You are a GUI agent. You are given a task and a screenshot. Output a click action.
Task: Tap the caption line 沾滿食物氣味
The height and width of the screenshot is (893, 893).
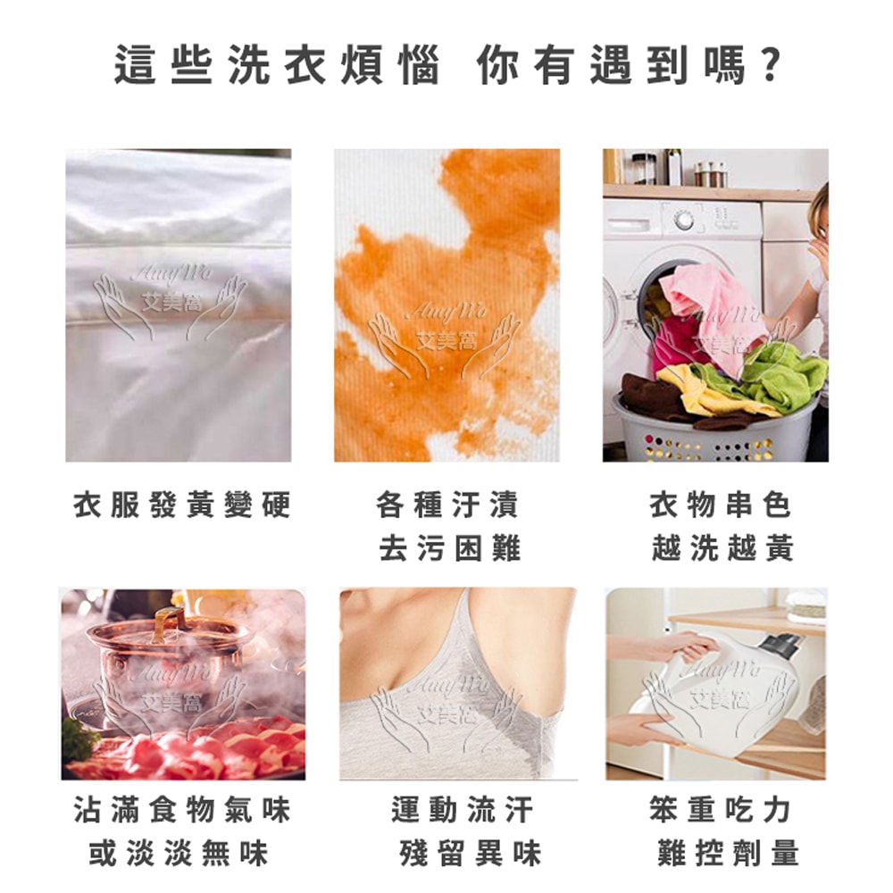pyautogui.click(x=182, y=811)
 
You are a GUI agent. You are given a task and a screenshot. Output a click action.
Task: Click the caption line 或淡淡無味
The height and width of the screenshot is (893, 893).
pyautogui.click(x=179, y=854)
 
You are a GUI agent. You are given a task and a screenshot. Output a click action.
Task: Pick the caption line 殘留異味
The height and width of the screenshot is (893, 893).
pyautogui.click(x=470, y=854)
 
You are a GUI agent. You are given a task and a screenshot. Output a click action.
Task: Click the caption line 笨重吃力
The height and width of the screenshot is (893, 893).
pyautogui.click(x=721, y=811)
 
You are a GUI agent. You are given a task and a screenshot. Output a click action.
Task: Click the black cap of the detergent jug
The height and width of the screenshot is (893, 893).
pyautogui.click(x=782, y=645)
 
